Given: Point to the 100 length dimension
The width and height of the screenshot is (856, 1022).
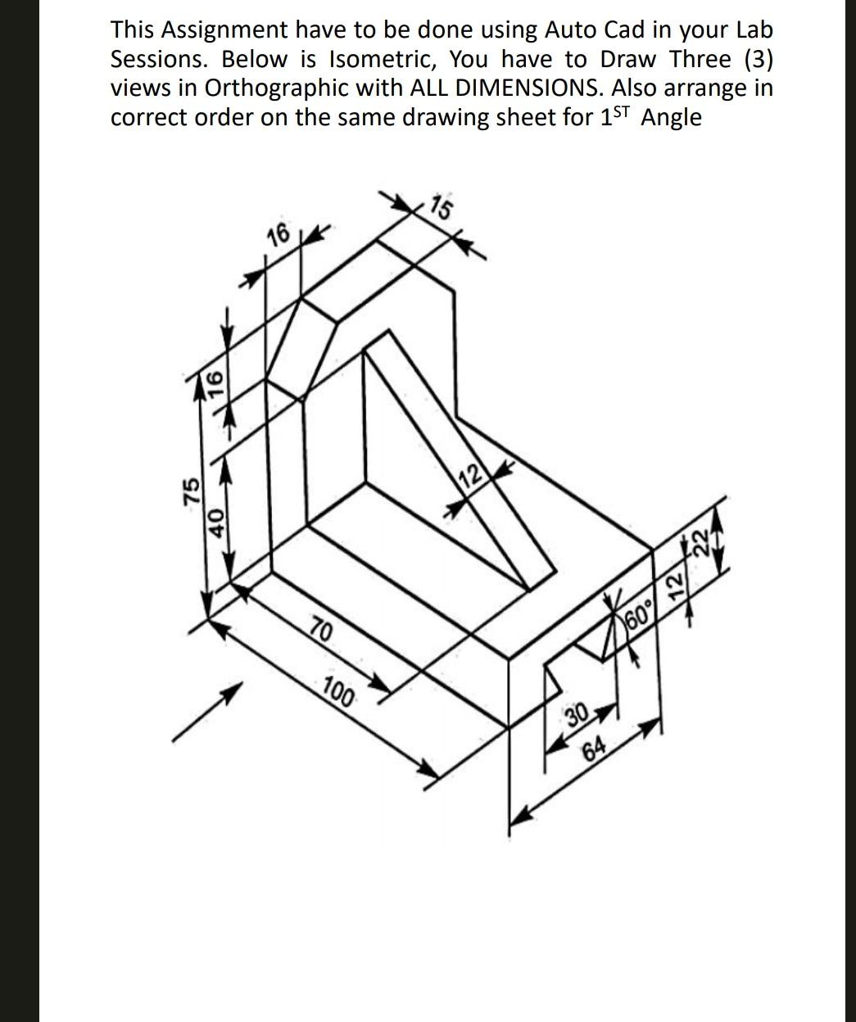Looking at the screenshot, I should [338, 693].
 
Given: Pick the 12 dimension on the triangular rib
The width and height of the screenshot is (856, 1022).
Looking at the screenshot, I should [471, 476].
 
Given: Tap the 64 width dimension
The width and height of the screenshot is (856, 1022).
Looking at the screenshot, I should [596, 747].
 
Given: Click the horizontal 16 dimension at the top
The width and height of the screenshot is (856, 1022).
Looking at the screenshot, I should [279, 235].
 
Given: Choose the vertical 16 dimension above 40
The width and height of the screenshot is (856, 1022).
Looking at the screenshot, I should [215, 382].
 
